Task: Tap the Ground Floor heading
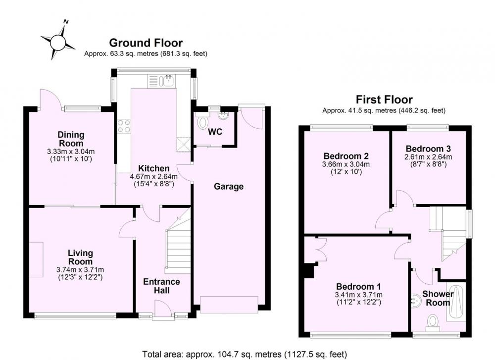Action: tap(146, 43)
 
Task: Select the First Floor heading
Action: tap(384, 100)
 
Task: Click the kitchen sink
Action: tap(168, 81)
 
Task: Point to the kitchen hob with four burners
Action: tap(123, 126)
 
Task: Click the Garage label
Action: tap(229, 186)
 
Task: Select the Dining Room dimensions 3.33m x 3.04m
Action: tap(71, 152)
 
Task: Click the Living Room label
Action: tap(81, 257)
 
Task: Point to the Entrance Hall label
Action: tap(162, 286)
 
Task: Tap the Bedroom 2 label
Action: tap(346, 156)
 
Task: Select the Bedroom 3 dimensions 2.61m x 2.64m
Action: tap(428, 157)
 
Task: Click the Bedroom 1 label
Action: tap(358, 286)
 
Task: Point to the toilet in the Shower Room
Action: tap(433, 323)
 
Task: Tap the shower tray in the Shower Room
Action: tap(456, 303)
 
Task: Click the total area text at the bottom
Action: tap(245, 354)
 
